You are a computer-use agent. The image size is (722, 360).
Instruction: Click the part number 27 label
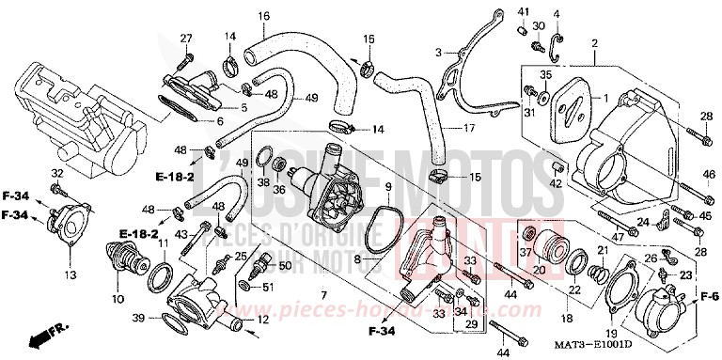186,39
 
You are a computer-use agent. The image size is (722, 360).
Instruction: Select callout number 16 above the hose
263,16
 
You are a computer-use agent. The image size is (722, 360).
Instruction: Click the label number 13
70,275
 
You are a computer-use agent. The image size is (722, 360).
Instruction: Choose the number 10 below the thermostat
118,300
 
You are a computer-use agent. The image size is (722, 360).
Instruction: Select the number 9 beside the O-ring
387,187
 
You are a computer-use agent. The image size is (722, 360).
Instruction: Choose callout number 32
56,174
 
